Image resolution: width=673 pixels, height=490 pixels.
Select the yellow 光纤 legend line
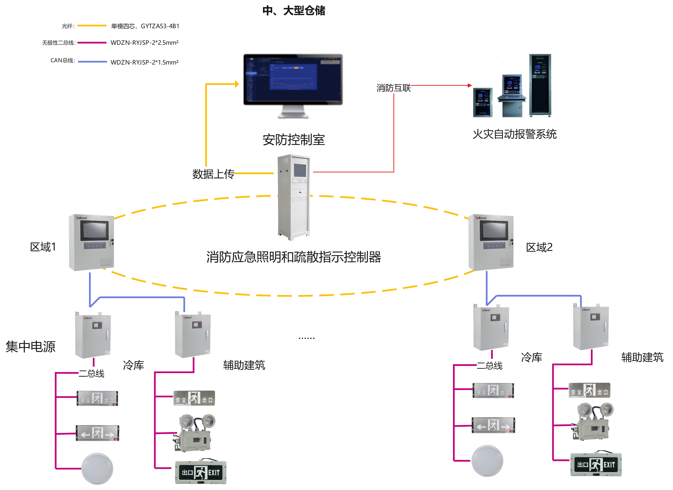[92, 26]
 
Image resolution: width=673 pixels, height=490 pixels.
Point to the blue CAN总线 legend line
[92, 62]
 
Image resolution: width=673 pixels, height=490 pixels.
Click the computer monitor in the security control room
[293, 80]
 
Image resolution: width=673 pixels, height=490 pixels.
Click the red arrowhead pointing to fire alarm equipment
[469, 85]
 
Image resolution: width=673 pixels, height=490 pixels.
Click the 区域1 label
[43, 247]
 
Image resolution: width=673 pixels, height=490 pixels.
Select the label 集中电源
[31, 347]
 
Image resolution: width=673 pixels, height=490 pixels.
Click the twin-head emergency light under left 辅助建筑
[194, 433]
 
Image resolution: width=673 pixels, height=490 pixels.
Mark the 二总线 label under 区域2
[489, 366]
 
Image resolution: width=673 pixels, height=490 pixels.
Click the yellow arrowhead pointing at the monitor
[237, 84]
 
